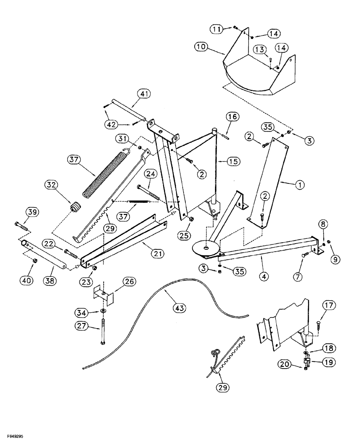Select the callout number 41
click(144, 93)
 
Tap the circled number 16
click(233, 117)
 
